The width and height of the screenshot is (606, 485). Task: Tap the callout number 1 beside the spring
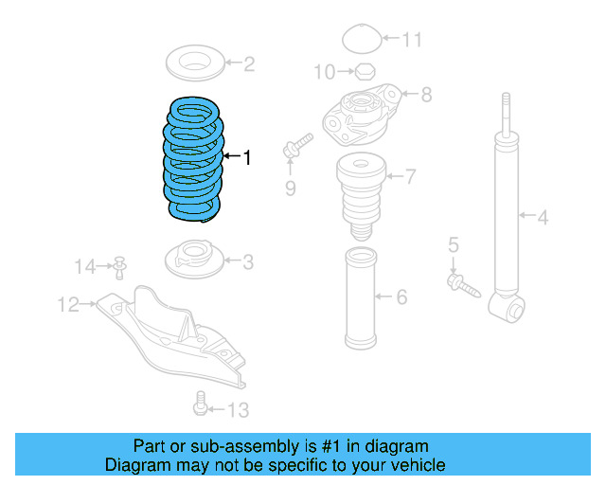point(247,157)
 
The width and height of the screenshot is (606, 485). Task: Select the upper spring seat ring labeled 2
point(196,65)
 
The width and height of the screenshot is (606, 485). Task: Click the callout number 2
point(249,64)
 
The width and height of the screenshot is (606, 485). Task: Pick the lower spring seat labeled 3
point(194,257)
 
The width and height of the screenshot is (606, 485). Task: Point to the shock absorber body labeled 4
point(508,218)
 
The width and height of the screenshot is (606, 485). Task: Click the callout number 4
point(543,219)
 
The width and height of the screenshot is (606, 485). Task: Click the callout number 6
point(401,297)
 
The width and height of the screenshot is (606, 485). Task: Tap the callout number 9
point(291,189)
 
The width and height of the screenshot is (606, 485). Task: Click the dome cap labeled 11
point(361,39)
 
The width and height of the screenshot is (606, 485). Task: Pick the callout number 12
point(68,304)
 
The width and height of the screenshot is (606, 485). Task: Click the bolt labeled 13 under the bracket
point(200,404)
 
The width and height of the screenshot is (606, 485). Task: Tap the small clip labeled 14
point(121,268)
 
